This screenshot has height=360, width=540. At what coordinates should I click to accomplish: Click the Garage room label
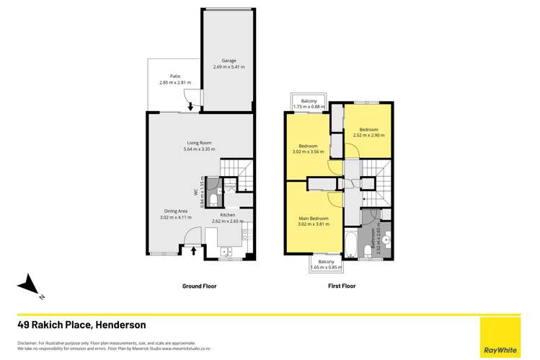(229, 61)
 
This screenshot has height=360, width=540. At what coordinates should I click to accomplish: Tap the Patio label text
(174, 76)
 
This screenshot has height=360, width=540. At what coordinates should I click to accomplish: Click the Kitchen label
(228, 215)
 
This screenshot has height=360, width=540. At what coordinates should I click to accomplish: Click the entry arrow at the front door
(192, 250)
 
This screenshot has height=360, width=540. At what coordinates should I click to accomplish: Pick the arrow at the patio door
(190, 107)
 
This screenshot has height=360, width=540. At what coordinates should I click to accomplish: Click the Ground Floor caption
(198, 286)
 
